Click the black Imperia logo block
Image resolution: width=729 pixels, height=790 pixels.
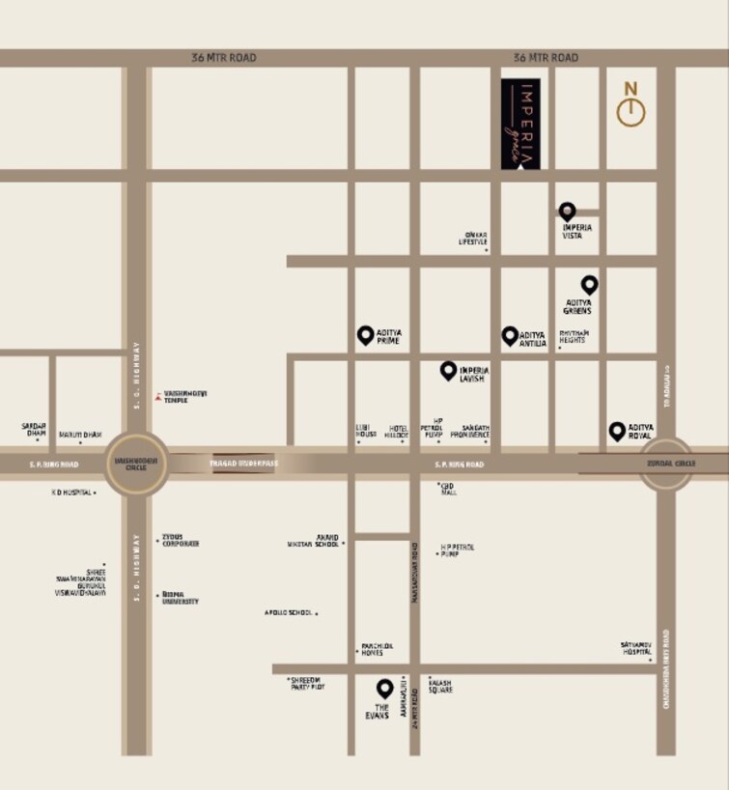pyautogui.click(x=520, y=124)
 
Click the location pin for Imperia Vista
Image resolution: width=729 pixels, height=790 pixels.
pyautogui.click(x=567, y=212)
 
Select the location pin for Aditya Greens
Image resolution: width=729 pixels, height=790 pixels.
pyautogui.click(x=589, y=284)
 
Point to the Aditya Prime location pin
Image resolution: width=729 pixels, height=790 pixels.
pyautogui.click(x=365, y=334)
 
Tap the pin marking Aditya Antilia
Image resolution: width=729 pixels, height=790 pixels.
pyautogui.click(x=510, y=335)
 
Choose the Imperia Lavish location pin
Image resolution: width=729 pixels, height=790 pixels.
pyautogui.click(x=448, y=369)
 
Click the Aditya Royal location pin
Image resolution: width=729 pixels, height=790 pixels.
pyautogui.click(x=617, y=430)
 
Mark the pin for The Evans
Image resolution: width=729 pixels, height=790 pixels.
pyautogui.click(x=384, y=688)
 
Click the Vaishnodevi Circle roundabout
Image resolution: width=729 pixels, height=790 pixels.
pyautogui.click(x=135, y=464)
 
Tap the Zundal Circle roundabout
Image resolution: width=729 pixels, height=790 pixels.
pyautogui.click(x=665, y=464)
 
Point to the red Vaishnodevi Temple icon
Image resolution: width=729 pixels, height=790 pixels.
pyautogui.click(x=157, y=396)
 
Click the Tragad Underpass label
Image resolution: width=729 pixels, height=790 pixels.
pyautogui.click(x=243, y=464)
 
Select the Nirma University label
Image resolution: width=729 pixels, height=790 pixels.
pyautogui.click(x=181, y=598)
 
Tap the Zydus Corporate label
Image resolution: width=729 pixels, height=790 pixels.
pyautogui.click(x=181, y=543)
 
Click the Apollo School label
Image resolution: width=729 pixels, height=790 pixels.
pyautogui.click(x=288, y=612)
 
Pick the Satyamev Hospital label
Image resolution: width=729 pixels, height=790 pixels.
pyautogui.click(x=636, y=648)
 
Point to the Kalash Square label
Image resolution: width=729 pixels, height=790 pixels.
pyautogui.click(x=440, y=686)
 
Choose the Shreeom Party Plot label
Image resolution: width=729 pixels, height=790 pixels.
pyautogui.click(x=308, y=683)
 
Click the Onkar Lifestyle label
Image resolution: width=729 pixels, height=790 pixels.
pyautogui.click(x=473, y=238)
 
